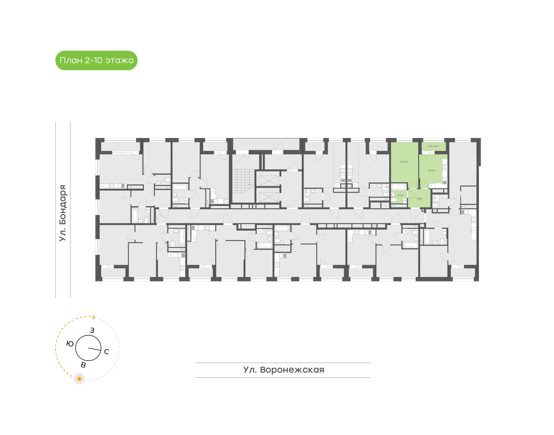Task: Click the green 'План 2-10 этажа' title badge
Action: (x=96, y=60)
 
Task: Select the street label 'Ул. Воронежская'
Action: (x=284, y=370)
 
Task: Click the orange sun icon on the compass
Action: (x=79, y=379)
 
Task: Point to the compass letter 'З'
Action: (x=92, y=330)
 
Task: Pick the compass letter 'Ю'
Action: (x=70, y=344)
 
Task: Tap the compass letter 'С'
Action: (x=107, y=352)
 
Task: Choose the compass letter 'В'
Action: (x=83, y=365)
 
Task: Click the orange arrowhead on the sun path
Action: (x=94, y=317)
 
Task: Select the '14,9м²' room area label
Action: (x=404, y=162)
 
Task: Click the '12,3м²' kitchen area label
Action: (x=431, y=170)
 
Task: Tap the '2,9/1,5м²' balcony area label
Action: (x=433, y=146)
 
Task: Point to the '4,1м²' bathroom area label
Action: (x=400, y=195)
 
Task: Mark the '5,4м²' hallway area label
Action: (x=420, y=198)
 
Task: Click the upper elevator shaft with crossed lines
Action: (x=269, y=180)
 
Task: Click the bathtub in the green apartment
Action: (x=399, y=187)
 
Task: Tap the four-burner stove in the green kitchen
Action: (x=445, y=167)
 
